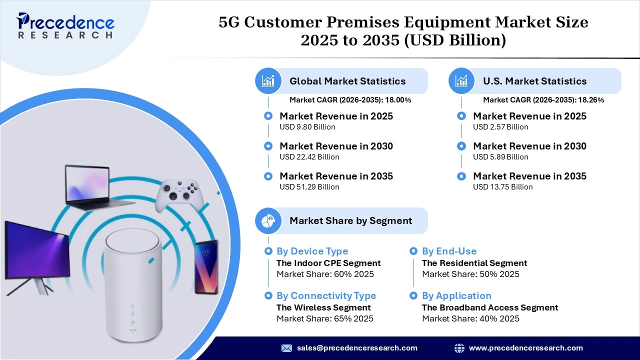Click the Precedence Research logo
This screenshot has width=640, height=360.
(65, 25)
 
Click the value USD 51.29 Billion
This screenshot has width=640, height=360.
(309, 187)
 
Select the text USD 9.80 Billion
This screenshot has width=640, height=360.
(307, 127)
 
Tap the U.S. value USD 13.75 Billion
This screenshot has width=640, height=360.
(502, 187)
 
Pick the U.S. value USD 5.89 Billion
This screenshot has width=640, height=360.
(500, 157)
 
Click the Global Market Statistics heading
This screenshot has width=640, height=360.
(347, 81)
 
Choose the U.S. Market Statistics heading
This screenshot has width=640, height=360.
(534, 81)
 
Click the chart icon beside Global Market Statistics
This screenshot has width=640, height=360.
(268, 81)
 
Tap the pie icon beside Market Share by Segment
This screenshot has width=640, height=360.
(268, 220)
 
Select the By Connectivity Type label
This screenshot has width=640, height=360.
(326, 296)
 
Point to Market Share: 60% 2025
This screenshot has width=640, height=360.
(325, 274)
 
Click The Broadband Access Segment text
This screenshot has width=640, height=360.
(490, 307)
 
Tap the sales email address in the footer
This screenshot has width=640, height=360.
(357, 348)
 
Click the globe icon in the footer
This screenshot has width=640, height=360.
(459, 348)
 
